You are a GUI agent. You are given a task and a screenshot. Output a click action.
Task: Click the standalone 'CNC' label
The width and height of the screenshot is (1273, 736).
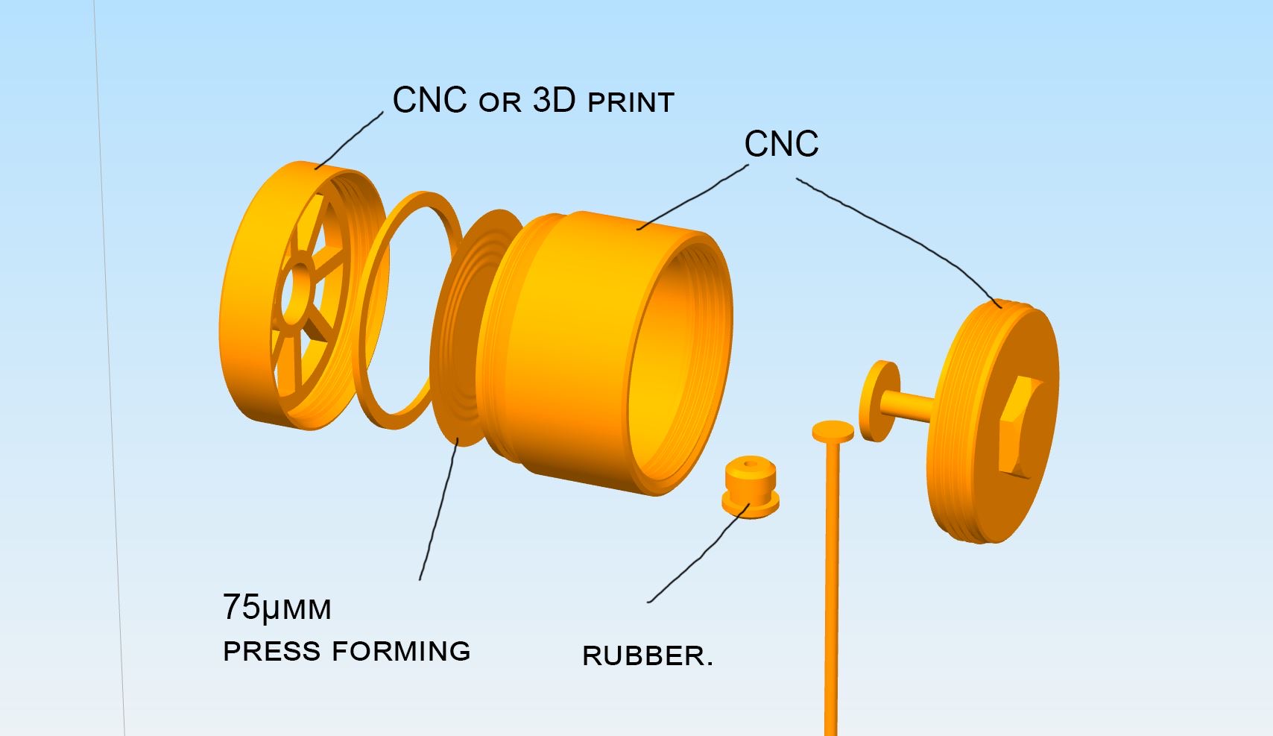[781, 144]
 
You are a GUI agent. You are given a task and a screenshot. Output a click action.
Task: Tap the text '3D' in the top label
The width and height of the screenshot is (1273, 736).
[555, 101]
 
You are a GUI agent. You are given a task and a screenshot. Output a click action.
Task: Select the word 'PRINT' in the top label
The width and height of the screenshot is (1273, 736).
[631, 103]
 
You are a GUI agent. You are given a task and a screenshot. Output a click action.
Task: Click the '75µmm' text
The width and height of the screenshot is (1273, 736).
[277, 608]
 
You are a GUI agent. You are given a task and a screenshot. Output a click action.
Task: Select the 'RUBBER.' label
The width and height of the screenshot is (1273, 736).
[647, 656]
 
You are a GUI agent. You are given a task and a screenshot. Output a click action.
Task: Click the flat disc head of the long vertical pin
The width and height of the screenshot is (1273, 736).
[833, 431]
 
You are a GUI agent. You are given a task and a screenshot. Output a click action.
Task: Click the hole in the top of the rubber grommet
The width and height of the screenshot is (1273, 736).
[748, 465]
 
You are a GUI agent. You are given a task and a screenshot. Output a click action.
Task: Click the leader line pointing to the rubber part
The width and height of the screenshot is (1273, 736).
[697, 556]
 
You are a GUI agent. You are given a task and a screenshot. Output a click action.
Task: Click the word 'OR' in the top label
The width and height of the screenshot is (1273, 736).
[499, 103]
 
